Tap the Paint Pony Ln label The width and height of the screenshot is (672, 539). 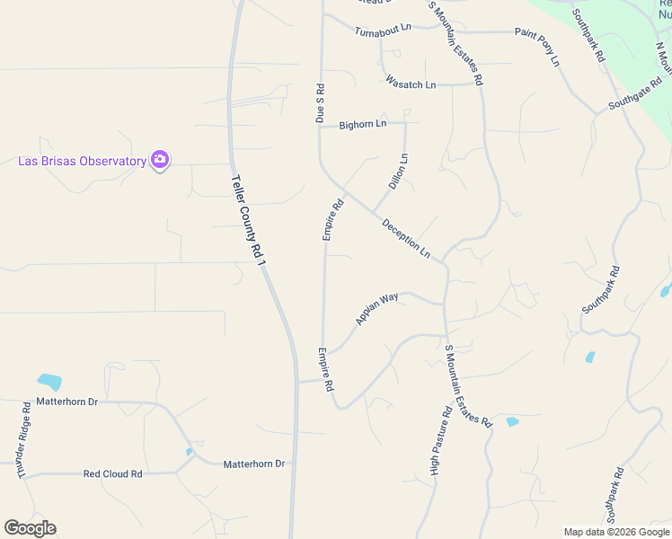click(537, 46)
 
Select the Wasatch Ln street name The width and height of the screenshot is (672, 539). click(411, 84)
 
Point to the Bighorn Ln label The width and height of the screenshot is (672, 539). click(363, 124)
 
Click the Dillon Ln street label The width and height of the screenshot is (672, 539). click(398, 171)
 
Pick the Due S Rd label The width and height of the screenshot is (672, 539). click(319, 103)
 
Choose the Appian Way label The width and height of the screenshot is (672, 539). click(376, 308)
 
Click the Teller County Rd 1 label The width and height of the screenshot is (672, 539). click(250, 220)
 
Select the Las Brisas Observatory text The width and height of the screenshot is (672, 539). click(83, 162)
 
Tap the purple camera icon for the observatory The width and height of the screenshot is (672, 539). click(160, 161)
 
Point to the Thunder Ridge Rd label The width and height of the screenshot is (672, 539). click(22, 439)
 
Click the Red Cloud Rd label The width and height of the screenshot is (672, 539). click(112, 473)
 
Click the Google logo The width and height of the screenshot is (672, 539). click(30, 528)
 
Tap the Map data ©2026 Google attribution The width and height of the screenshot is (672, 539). click(615, 532)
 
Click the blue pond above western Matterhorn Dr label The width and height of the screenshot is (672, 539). click(49, 381)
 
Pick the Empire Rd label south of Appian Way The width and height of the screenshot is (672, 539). click(325, 369)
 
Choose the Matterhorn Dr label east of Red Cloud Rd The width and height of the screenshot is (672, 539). click(253, 464)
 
